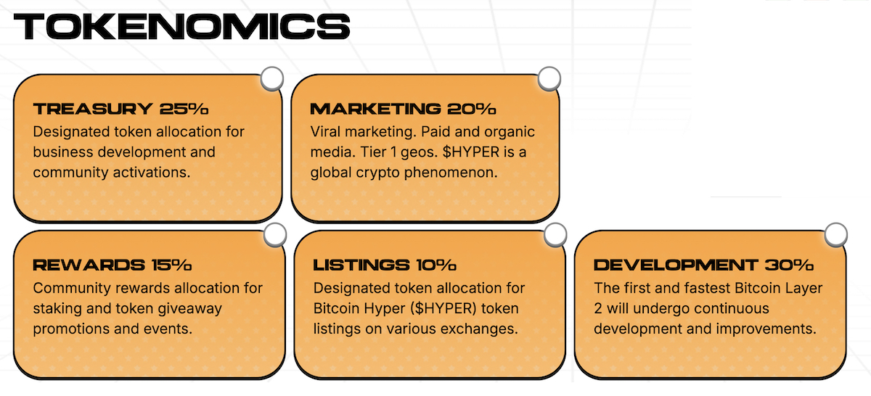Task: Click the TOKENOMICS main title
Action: (181, 26)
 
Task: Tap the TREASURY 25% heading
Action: (120, 109)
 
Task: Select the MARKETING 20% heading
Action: (403, 109)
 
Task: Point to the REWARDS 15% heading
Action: (113, 265)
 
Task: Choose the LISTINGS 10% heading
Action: (385, 265)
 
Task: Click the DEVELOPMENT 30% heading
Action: (703, 265)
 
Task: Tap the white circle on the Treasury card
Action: (271, 78)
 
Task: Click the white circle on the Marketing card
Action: (549, 78)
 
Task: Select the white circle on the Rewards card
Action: (275, 235)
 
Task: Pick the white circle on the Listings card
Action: (555, 235)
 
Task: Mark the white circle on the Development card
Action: (835, 235)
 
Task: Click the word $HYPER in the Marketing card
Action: (471, 152)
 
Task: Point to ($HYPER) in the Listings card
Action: (443, 308)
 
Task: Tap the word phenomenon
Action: (451, 173)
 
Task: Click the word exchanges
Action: (479, 329)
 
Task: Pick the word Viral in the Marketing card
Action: (325, 132)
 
